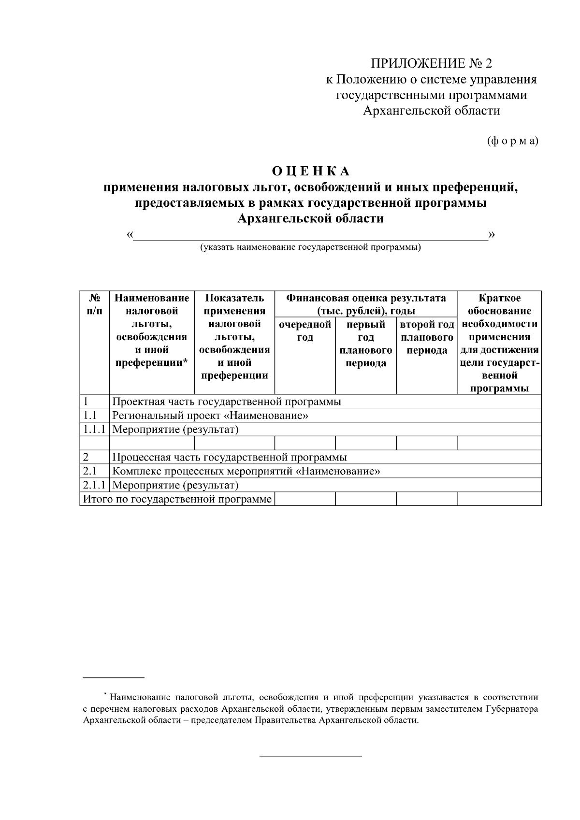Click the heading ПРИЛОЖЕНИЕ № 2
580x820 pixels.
pyautogui.click(x=431, y=63)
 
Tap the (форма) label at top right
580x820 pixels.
pyautogui.click(x=512, y=141)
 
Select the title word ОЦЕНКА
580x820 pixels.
pyautogui.click(x=310, y=172)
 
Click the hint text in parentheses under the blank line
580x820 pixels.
pyautogui.click(x=311, y=248)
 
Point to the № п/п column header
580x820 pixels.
pyautogui.click(x=95, y=304)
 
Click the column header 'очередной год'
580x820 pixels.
pyautogui.click(x=304, y=331)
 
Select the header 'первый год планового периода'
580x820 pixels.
pyautogui.click(x=366, y=344)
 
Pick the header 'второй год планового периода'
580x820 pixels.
pyautogui.click(x=427, y=337)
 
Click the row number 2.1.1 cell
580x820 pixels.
pyautogui.click(x=94, y=485)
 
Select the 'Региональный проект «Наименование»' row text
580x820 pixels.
pyautogui.click(x=210, y=416)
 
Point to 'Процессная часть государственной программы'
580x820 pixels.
pyautogui.click(x=230, y=457)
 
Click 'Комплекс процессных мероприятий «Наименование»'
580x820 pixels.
pyautogui.click(x=246, y=471)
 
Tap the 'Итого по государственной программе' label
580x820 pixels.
pyautogui.click(x=177, y=499)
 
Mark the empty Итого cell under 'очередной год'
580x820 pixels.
pyautogui.click(x=304, y=499)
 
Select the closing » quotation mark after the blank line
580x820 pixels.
pyautogui.click(x=492, y=235)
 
